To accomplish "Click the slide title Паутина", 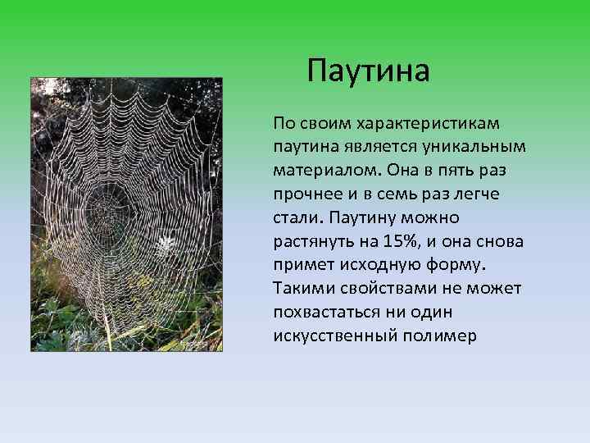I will pos(368,71).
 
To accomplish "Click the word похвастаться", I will pos(322,313).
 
